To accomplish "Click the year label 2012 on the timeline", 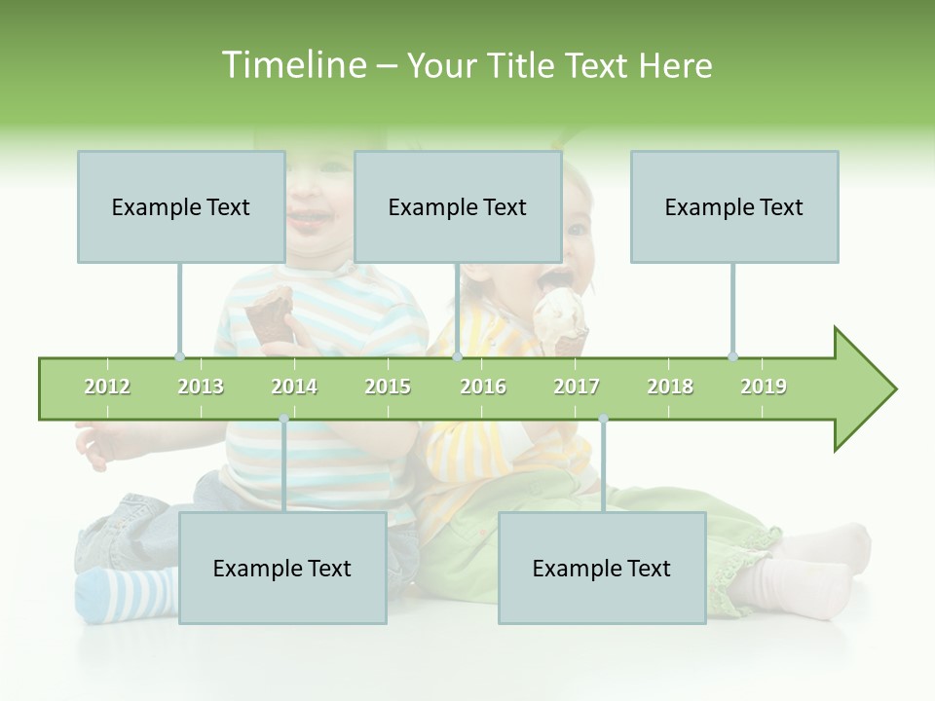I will [107, 387].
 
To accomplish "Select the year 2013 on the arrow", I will [201, 387].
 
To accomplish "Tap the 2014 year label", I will [294, 387].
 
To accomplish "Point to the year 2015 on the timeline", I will [388, 387].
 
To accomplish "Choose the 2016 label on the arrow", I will [483, 387].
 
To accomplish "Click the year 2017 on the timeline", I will [577, 387].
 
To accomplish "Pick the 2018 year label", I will [670, 387].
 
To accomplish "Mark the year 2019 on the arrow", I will [764, 387].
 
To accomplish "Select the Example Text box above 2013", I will [181, 206].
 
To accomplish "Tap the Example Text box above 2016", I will [458, 206].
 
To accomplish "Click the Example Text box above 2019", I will [734, 206].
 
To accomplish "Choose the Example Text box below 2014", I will [282, 568].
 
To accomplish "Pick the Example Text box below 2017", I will [602, 568].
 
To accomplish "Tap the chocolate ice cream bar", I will [268, 316].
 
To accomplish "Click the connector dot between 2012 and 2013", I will [179, 356].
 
